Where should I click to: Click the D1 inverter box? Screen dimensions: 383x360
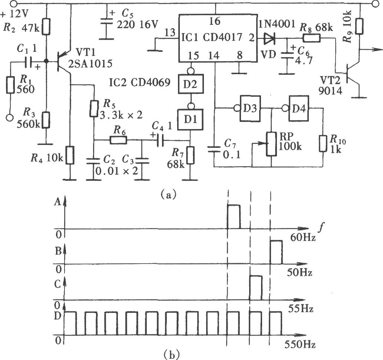point(191,119)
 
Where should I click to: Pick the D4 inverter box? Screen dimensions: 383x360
point(299,108)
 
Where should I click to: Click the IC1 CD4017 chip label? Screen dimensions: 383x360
point(212,37)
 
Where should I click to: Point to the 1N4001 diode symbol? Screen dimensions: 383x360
point(269,38)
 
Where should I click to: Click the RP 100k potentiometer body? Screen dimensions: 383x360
point(272,144)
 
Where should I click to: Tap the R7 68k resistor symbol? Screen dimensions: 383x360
point(191,155)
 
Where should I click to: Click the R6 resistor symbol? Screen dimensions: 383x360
point(119,140)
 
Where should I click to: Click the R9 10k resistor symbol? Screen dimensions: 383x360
point(359,26)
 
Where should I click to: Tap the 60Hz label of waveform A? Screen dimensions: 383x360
point(303,237)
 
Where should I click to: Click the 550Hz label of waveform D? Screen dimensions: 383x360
point(300,344)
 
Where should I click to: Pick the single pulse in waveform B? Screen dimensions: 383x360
point(276,252)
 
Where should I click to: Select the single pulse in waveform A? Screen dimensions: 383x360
point(234,217)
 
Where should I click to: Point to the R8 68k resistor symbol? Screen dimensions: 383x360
point(311,38)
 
